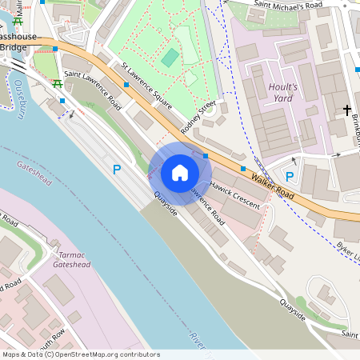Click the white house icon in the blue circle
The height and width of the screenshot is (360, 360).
tap(180, 172)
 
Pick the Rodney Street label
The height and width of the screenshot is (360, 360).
tap(198, 117)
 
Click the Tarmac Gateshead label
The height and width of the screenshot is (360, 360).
tap(71, 259)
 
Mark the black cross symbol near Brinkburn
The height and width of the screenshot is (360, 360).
tap(347, 108)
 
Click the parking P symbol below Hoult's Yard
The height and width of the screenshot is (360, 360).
tap(290, 176)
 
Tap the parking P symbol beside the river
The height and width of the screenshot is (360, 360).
tap(117, 170)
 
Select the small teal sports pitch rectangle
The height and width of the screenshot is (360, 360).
tap(170, 58)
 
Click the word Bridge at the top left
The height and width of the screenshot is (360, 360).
tap(14, 48)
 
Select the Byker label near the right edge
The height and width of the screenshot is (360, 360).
tap(349, 252)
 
